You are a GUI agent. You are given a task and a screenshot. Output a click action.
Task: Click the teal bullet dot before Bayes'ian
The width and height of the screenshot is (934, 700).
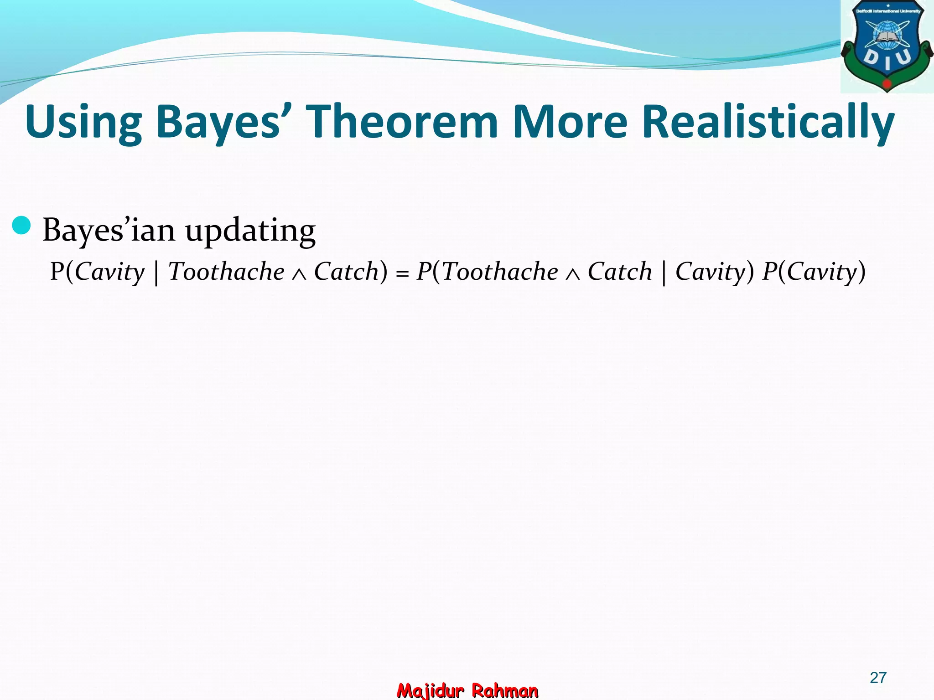[21, 226]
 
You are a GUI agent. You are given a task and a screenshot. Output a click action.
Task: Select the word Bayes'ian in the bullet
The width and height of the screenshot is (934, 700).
[109, 230]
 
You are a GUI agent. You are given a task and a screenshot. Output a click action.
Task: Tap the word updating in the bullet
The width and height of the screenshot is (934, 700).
[250, 231]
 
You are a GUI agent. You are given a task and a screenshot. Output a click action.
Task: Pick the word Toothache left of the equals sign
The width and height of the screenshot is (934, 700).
[226, 272]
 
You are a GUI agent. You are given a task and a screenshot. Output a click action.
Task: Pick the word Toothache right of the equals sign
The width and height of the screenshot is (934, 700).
[500, 272]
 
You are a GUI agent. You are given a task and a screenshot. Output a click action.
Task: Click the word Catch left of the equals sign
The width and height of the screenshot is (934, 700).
[347, 272]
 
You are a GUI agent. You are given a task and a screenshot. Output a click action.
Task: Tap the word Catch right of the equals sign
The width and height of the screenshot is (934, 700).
[620, 272]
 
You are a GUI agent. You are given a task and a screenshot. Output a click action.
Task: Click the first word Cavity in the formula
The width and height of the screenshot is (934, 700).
[109, 273]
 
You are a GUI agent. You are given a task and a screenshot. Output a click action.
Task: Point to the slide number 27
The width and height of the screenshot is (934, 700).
[878, 678]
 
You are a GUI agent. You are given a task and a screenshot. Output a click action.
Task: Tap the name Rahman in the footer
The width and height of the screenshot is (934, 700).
[505, 690]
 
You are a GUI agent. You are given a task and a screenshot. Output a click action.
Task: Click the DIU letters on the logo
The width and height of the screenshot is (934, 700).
[887, 60]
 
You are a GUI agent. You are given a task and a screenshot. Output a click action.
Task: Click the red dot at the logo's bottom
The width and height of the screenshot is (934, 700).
[887, 84]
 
